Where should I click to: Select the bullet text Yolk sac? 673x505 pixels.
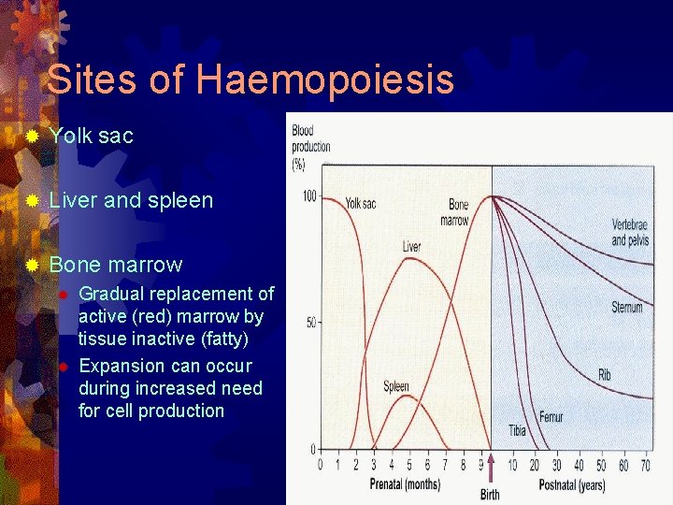click(x=91, y=136)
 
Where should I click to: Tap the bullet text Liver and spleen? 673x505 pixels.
click(x=131, y=200)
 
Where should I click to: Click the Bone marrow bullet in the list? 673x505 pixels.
click(x=115, y=265)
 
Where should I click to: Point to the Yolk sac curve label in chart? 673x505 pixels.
click(x=362, y=203)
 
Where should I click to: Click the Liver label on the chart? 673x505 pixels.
click(x=411, y=247)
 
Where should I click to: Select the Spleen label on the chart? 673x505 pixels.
click(x=396, y=386)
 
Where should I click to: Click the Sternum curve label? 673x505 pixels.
click(x=626, y=307)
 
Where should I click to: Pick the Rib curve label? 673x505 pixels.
click(x=605, y=375)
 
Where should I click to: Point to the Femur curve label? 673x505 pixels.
click(x=551, y=417)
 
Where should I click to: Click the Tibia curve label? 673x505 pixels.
click(x=517, y=430)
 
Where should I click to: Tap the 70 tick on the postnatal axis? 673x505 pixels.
click(x=645, y=466)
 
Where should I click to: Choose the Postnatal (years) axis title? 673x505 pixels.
click(x=572, y=484)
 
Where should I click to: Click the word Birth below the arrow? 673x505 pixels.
click(x=490, y=495)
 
